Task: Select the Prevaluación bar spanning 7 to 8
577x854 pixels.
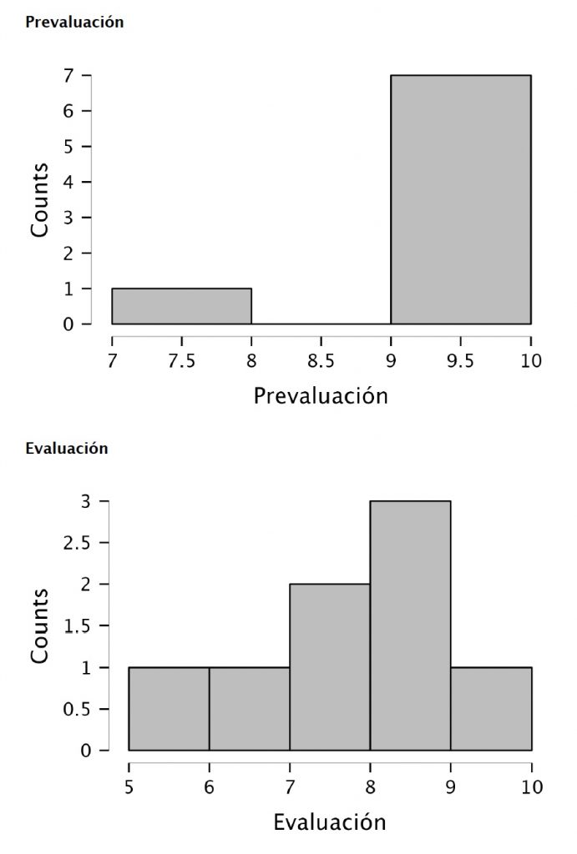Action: click(181, 306)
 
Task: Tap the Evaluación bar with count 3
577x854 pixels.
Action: click(410, 625)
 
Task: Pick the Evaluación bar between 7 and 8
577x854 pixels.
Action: click(330, 667)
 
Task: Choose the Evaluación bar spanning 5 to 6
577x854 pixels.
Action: click(169, 709)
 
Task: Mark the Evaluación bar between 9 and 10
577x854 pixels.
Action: click(491, 709)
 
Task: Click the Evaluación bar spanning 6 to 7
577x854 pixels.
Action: click(249, 709)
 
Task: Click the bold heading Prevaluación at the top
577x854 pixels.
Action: click(74, 23)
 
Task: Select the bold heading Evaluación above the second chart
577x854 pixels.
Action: click(67, 448)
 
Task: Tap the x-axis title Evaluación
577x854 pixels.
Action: click(330, 822)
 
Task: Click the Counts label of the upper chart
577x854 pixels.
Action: click(40, 199)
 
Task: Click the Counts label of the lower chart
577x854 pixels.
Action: click(40, 625)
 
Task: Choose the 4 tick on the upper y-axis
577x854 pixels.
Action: click(87, 182)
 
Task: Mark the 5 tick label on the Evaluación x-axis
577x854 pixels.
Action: click(129, 786)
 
